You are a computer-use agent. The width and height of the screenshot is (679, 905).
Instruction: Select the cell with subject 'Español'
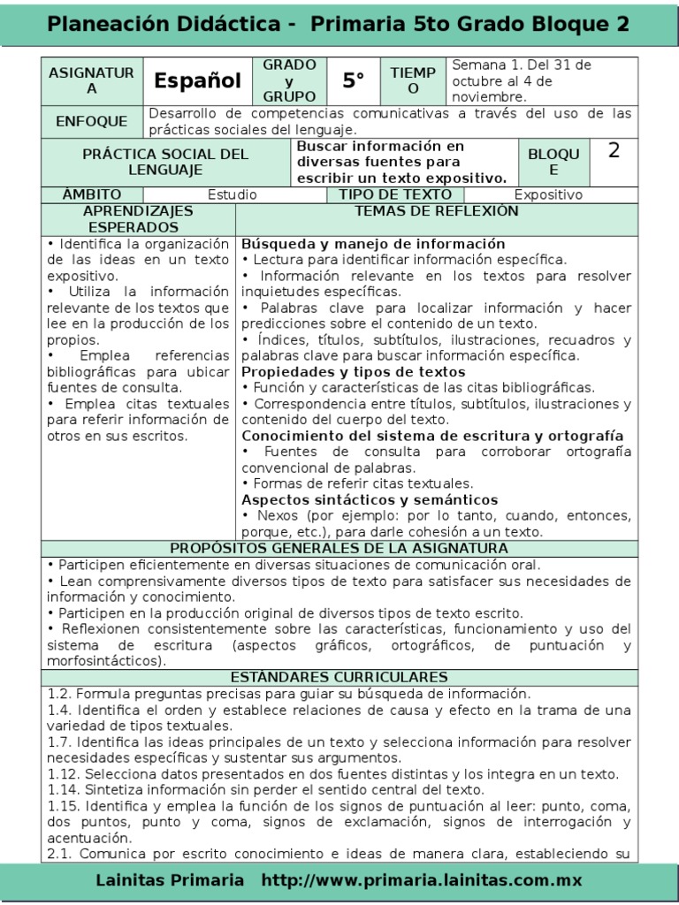coord(197,81)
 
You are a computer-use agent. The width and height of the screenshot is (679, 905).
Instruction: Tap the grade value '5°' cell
coord(354,81)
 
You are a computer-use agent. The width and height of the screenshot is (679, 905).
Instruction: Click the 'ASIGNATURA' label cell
coord(92,81)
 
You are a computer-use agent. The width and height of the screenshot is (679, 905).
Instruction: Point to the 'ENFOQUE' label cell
coord(92,122)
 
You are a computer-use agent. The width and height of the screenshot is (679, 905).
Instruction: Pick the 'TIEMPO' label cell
coord(414,81)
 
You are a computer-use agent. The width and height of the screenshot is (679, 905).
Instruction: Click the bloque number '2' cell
coord(614,151)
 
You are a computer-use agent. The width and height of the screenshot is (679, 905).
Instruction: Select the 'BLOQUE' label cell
coord(553,162)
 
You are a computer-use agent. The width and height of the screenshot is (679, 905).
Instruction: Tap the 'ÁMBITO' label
coord(92,194)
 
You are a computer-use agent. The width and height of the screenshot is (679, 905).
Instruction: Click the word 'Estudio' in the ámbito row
coord(233,195)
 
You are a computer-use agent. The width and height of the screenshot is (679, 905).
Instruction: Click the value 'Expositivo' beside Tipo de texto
coord(548,195)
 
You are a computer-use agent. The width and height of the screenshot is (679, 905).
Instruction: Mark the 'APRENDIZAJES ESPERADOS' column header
coord(138,219)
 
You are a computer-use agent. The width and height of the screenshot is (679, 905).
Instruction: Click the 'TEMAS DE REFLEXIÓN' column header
coord(437,212)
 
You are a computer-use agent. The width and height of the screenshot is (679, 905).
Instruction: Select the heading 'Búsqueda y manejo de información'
coord(373,244)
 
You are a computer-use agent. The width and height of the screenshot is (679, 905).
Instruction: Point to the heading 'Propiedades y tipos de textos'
coord(354,372)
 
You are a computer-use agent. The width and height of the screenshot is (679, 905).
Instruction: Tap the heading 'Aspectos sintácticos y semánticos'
coord(370,500)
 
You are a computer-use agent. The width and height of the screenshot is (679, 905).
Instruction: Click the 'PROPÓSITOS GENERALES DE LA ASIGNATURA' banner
coord(339,548)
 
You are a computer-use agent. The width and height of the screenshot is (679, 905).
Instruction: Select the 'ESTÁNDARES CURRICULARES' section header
coord(339,677)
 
